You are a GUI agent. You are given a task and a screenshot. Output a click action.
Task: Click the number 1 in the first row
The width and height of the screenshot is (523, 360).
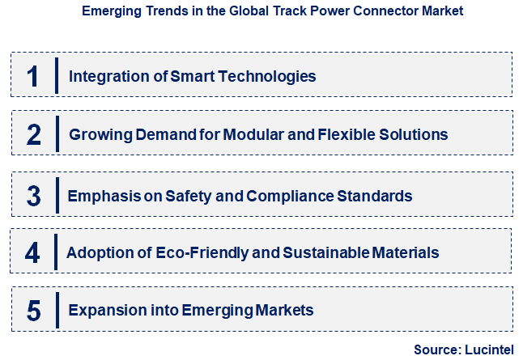32,77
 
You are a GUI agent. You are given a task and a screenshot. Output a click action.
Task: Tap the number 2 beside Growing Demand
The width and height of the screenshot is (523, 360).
33,134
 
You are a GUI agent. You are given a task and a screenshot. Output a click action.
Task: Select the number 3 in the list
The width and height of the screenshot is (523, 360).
33,196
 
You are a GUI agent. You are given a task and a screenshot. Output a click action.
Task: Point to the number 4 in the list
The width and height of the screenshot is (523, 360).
32,253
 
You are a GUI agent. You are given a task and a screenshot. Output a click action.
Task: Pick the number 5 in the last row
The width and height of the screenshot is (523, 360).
33,310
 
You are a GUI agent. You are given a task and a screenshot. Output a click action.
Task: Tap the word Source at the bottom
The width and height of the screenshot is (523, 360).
436,349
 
